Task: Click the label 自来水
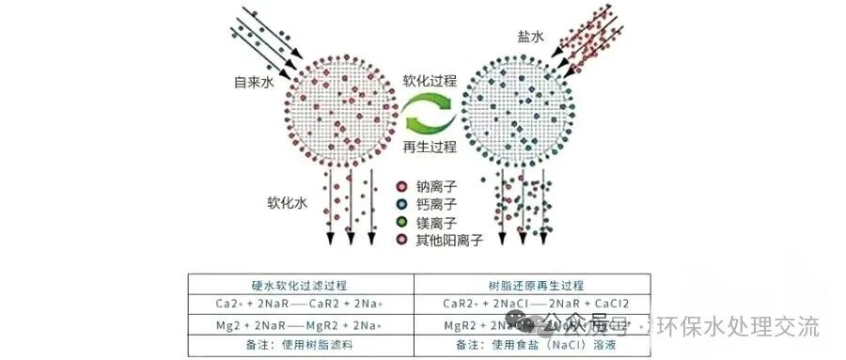(254, 83)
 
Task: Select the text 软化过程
(430, 82)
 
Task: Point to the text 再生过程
(430, 147)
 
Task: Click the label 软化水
(287, 202)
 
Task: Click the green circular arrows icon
(430, 115)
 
